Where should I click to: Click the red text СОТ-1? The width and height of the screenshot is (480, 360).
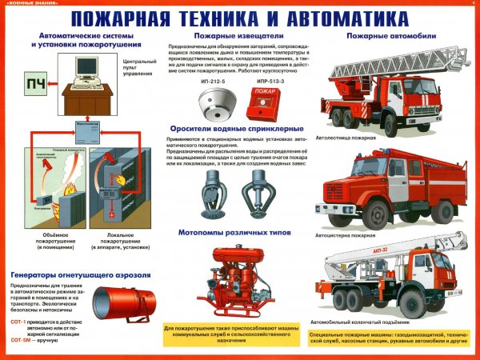(21, 320)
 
